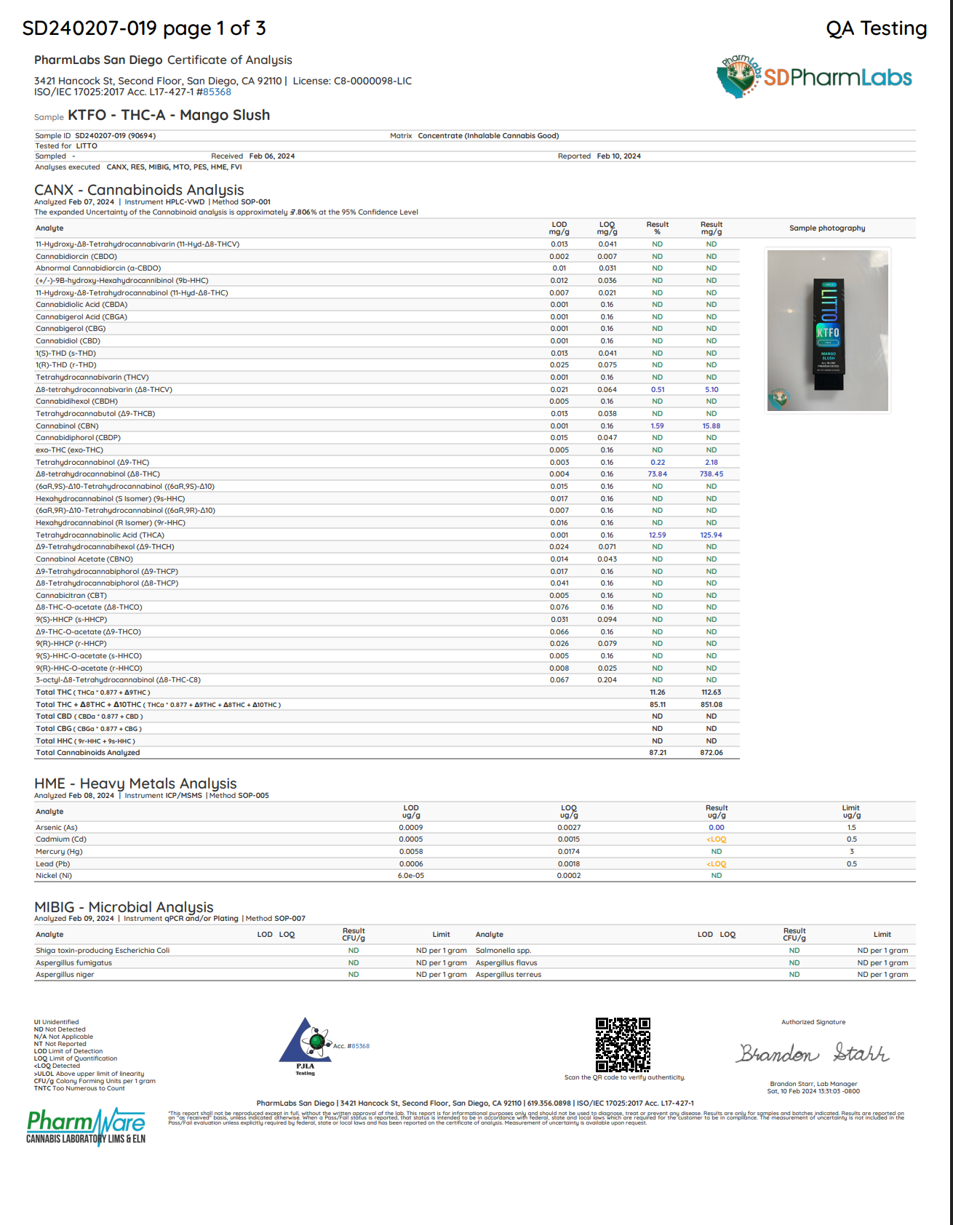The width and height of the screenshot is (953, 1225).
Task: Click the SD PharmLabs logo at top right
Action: (x=815, y=76)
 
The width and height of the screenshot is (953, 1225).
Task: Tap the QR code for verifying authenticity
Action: (x=623, y=1045)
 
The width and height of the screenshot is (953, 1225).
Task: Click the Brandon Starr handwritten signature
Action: (x=813, y=1053)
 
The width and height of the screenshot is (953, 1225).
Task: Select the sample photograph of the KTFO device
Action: (x=828, y=330)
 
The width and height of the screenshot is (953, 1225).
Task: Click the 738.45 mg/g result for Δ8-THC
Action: (x=711, y=474)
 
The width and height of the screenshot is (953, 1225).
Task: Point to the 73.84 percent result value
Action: (x=657, y=474)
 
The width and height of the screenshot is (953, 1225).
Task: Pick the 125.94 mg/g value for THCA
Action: (x=711, y=535)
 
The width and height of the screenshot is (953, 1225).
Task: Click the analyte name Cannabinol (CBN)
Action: (x=67, y=426)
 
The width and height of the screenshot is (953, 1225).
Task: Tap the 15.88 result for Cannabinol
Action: (x=711, y=426)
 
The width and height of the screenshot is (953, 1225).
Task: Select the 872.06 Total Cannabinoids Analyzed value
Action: (x=711, y=753)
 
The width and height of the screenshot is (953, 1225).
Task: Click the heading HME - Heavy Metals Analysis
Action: (x=135, y=783)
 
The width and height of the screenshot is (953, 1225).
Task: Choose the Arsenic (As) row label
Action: (x=57, y=828)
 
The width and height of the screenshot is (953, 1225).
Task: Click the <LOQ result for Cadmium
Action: (x=716, y=839)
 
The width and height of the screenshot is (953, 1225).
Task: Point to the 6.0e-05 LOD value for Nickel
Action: (x=410, y=876)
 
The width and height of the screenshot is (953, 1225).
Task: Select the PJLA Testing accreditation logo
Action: (x=306, y=1046)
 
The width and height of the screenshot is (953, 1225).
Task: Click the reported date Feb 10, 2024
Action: (x=618, y=156)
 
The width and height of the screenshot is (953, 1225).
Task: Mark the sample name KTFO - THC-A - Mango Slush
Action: (x=169, y=116)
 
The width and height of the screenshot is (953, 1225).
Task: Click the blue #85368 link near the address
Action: (x=217, y=92)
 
